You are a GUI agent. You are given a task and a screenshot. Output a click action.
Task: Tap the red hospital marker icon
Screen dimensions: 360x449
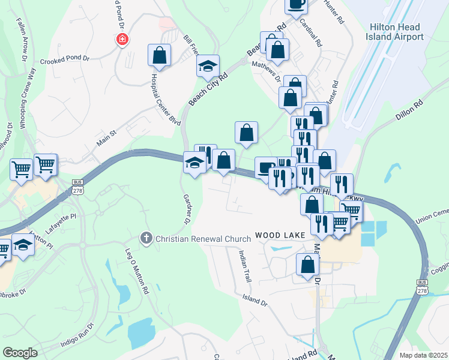click(x=122, y=40)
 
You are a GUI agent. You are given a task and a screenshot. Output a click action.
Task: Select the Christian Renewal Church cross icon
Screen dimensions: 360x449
click(x=145, y=238)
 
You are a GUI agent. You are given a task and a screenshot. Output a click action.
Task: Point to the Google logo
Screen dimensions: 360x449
click(x=20, y=352)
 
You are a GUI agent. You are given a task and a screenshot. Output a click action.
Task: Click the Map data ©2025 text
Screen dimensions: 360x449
click(x=423, y=355)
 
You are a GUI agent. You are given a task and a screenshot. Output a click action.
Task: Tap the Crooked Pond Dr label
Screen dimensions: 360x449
click(x=64, y=61)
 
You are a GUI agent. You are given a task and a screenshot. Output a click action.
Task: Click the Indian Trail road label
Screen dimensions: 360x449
click(x=245, y=266)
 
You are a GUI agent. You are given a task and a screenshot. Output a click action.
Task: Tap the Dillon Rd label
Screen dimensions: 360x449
click(x=410, y=112)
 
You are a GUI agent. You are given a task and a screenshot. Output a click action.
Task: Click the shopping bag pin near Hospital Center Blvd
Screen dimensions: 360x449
click(x=160, y=56)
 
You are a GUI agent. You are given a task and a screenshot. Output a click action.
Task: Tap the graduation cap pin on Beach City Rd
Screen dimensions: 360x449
click(x=208, y=65)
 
